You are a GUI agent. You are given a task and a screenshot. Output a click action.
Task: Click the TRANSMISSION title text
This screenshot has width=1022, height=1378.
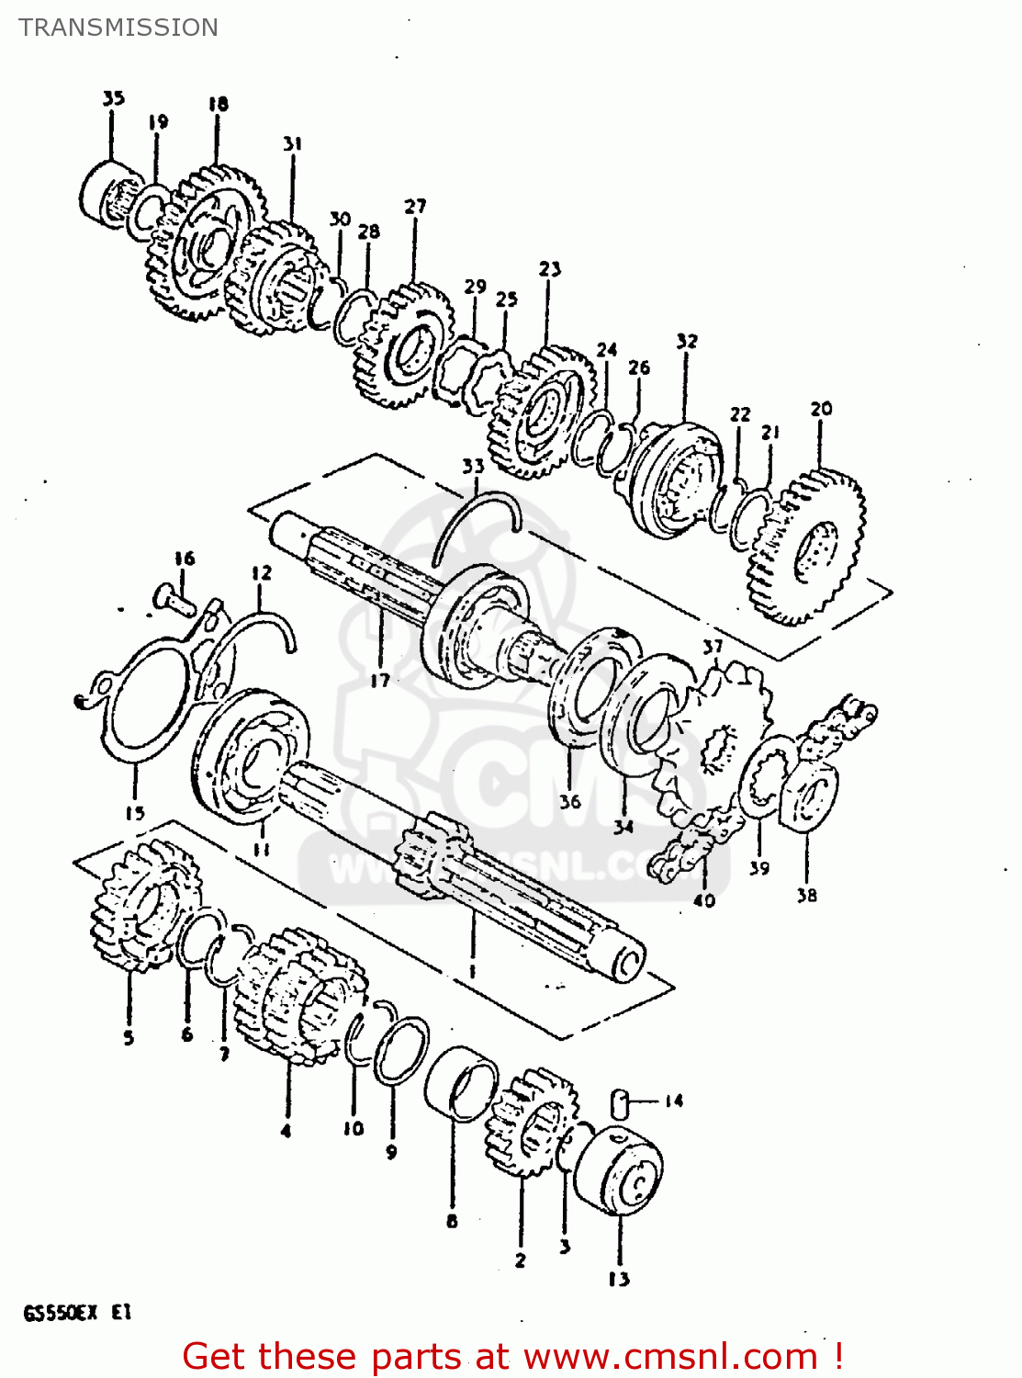tap(118, 28)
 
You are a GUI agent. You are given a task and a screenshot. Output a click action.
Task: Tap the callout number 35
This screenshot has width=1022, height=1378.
tap(113, 98)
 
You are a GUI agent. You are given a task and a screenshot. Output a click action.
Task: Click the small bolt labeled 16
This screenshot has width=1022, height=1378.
tap(170, 599)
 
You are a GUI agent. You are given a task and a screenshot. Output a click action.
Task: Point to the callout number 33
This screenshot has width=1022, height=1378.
tap(473, 466)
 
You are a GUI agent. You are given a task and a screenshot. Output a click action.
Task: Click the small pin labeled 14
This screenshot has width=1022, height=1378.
tap(620, 1101)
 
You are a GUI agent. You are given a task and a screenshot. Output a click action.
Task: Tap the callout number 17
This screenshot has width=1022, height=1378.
tap(380, 680)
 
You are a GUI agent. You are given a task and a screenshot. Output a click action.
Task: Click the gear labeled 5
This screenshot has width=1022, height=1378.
tap(142, 905)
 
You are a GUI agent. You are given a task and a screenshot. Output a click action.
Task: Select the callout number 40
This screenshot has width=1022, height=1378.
tap(703, 900)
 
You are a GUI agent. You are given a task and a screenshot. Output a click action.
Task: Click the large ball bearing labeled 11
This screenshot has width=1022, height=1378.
tap(250, 753)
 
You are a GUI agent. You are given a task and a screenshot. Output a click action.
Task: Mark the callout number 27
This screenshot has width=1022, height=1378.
tap(415, 207)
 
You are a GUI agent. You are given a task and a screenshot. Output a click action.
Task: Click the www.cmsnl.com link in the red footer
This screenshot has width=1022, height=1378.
tap(669, 1356)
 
